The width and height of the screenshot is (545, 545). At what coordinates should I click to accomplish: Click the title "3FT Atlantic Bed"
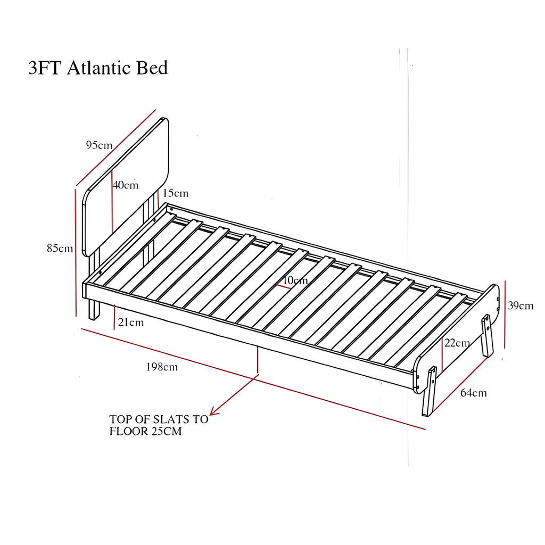coord(98,69)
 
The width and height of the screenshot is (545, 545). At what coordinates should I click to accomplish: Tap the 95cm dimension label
coord(99,145)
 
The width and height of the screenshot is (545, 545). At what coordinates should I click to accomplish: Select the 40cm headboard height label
coord(126,185)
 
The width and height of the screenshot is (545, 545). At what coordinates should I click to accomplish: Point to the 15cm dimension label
coord(176,193)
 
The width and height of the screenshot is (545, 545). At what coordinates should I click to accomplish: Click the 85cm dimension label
coord(60,249)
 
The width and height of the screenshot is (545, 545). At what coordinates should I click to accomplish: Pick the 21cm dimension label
coord(131,323)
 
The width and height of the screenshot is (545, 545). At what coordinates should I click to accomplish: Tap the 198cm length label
coord(162,367)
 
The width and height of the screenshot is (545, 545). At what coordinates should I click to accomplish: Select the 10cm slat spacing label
coord(295,280)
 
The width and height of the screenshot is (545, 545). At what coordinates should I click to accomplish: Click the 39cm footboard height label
coord(520,306)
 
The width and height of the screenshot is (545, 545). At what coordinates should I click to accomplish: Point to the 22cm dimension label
coord(457,343)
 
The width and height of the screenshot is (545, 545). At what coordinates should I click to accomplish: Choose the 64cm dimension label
coord(473,393)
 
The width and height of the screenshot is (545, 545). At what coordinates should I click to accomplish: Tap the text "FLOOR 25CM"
coord(145,432)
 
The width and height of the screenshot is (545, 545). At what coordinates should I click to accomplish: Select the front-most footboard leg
coord(429,391)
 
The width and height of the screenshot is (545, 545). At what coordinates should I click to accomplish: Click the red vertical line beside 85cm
coord(76,250)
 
